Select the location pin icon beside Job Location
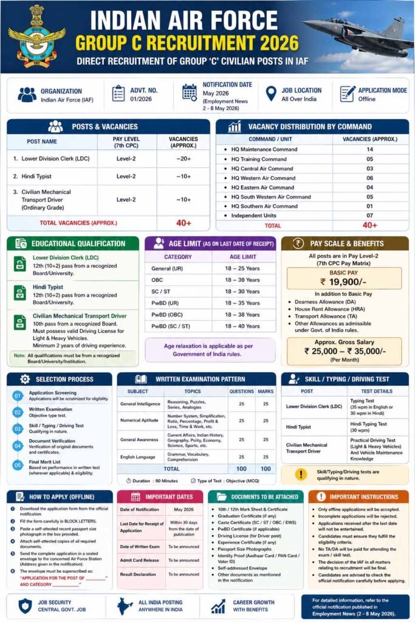271,94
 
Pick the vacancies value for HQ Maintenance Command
369,149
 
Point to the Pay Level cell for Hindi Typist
126,176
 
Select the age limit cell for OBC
242,280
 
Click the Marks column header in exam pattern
265,391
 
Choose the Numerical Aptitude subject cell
140,420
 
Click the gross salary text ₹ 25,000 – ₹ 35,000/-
345,351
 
